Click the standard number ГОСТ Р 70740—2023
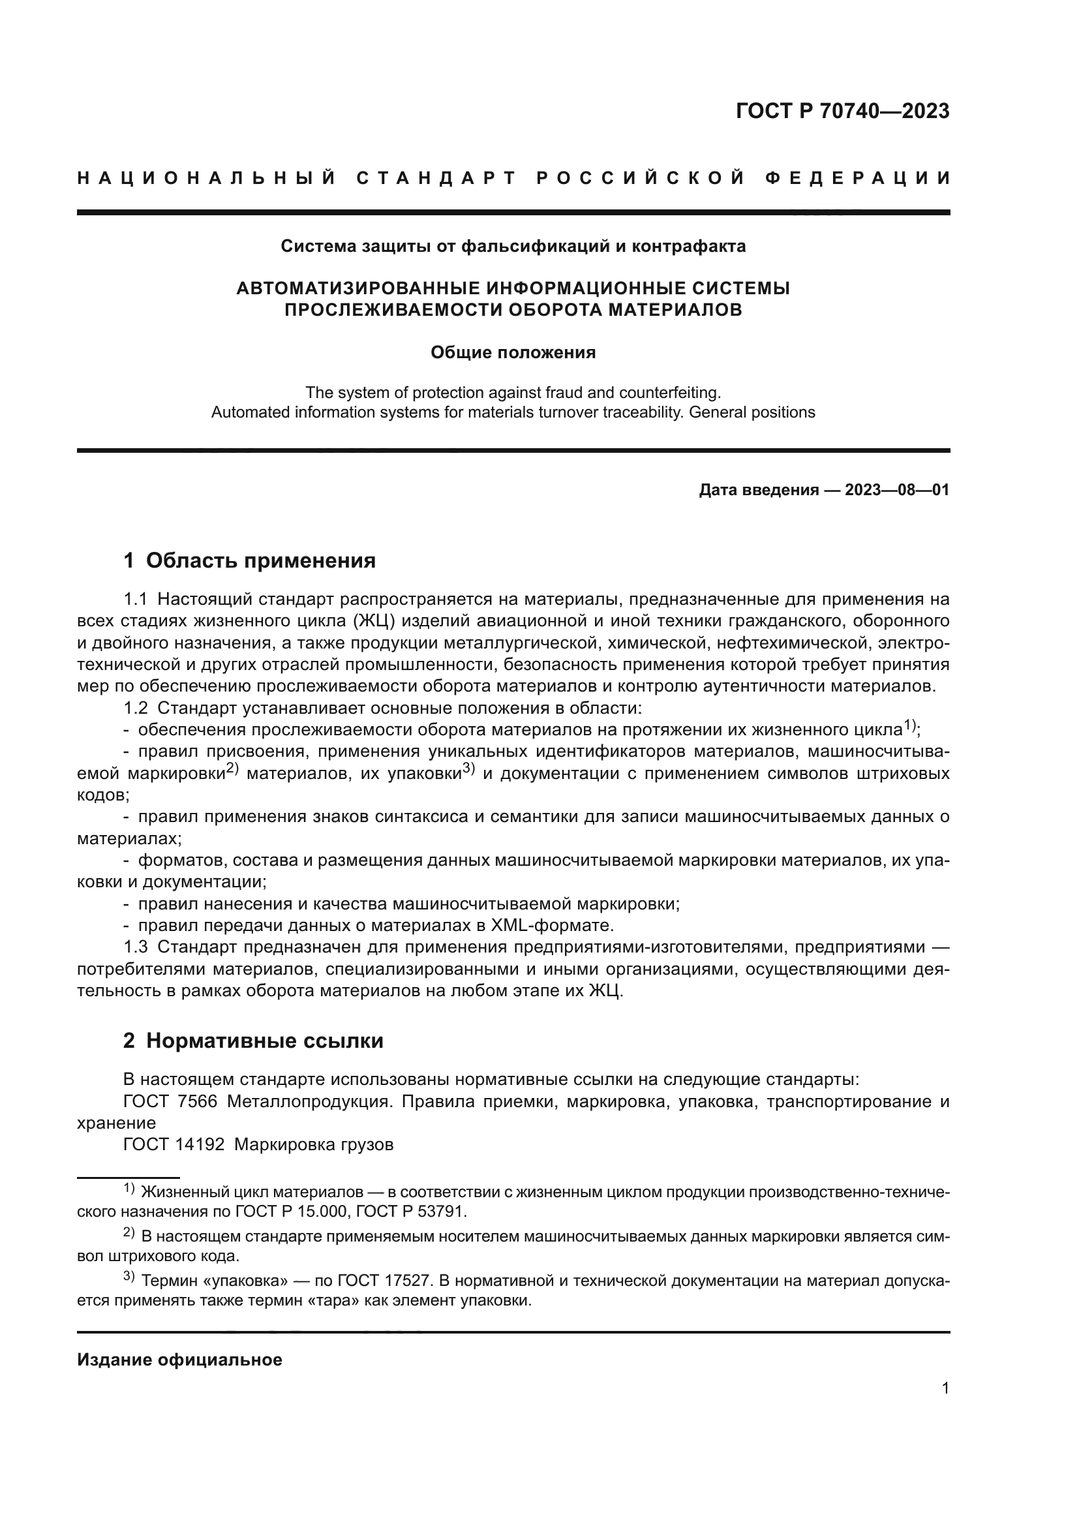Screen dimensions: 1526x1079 pyautogui.click(x=842, y=111)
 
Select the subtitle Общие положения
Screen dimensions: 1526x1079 pyautogui.click(x=513, y=352)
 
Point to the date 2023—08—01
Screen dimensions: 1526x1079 pyautogui.click(x=897, y=491)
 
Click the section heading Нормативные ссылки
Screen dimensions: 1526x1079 pyautogui.click(x=264, y=1040)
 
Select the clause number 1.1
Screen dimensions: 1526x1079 pyautogui.click(x=135, y=600)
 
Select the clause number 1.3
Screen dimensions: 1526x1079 pyautogui.click(x=135, y=947)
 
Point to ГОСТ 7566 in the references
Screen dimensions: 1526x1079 pyautogui.click(x=170, y=1101)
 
